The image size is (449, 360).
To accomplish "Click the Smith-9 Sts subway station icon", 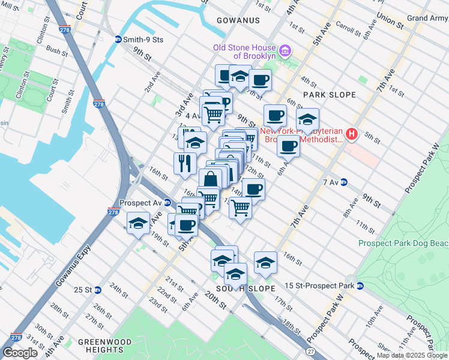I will (x=119, y=40).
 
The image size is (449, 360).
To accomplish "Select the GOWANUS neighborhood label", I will (x=235, y=20).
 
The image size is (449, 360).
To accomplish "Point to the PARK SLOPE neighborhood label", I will (x=329, y=95).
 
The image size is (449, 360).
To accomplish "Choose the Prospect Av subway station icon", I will (x=168, y=203).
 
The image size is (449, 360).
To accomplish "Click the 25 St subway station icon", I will (x=98, y=290).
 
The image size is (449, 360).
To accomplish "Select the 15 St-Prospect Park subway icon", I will (x=360, y=286).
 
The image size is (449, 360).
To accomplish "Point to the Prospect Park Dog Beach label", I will (x=403, y=243).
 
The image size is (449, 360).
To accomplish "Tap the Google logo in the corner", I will (x=20, y=353).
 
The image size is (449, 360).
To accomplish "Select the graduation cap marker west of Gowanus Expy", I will (x=138, y=224).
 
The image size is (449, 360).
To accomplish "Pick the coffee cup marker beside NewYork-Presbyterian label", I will (x=288, y=146).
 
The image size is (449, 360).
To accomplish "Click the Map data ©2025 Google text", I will (x=412, y=355).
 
